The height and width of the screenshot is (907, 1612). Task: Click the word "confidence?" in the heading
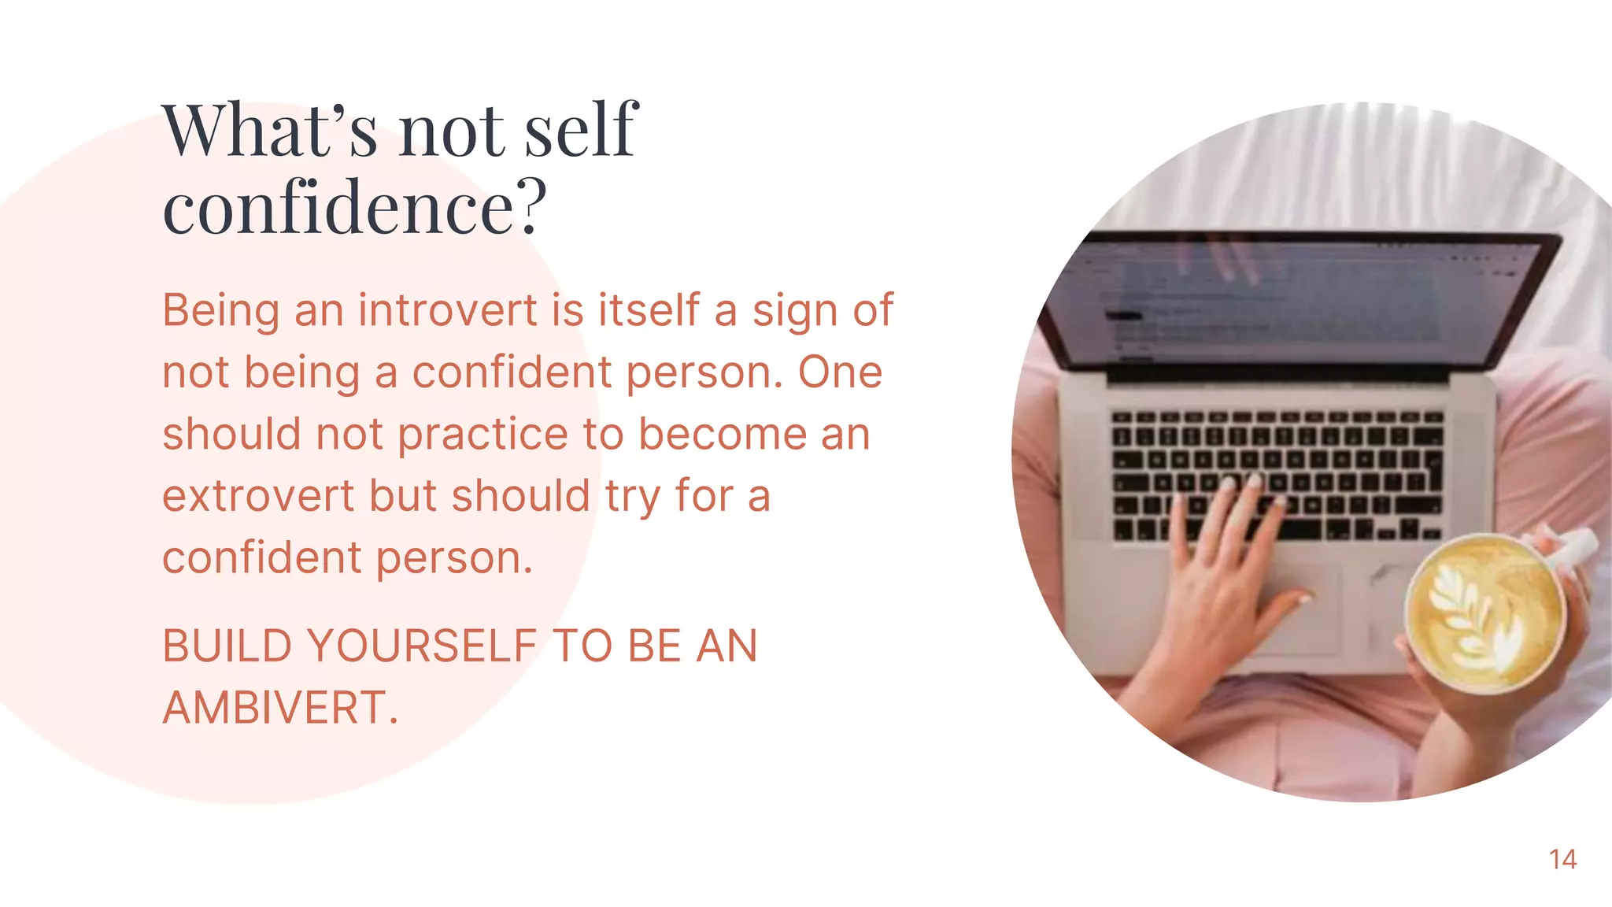point(354,207)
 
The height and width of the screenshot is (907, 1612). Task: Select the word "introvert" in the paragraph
point(448,309)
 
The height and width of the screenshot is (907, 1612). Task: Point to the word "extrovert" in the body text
point(258,496)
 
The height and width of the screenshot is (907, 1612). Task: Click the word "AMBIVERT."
point(280,707)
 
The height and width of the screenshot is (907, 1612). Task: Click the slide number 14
point(1562,859)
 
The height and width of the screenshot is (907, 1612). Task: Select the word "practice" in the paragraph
point(482,434)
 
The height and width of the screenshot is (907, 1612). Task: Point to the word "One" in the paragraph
point(840,372)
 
